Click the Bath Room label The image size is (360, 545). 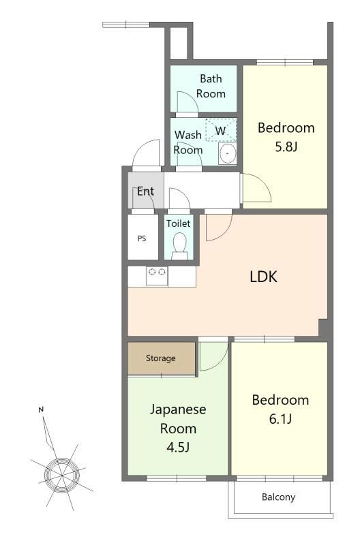[211, 87]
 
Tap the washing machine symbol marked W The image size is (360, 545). [221, 130]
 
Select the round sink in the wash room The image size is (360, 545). [228, 153]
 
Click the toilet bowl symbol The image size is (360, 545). [179, 245]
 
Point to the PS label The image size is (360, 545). [142, 239]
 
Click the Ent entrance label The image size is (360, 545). [145, 191]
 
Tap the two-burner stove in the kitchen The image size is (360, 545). [157, 276]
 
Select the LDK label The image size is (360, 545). [264, 277]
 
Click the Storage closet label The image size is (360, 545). [161, 358]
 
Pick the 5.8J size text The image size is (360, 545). [286, 146]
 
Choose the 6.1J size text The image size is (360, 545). [280, 419]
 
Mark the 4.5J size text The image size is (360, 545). [178, 447]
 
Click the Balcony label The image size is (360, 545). [279, 497]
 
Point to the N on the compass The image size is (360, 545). [41, 410]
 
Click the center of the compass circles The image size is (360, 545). [61, 475]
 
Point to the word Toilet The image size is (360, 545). [178, 223]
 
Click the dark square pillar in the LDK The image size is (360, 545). [323, 328]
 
